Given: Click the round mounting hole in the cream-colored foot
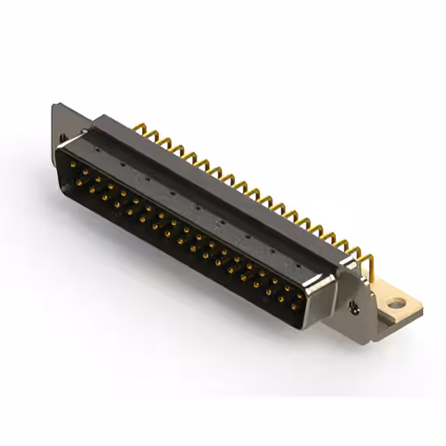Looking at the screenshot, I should click(397, 303).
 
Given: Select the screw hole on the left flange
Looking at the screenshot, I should click(62, 138).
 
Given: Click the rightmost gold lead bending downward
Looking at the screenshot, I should click(367, 263).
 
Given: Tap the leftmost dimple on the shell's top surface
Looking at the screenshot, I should click(124, 166).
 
